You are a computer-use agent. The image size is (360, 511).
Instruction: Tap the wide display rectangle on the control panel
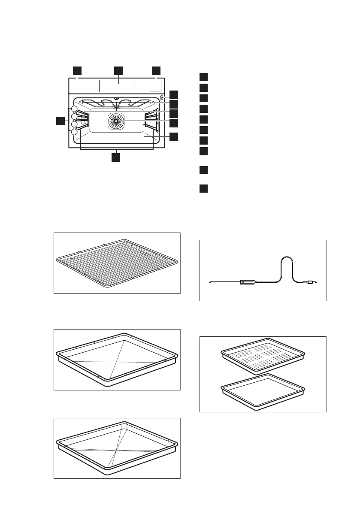tap(116, 86)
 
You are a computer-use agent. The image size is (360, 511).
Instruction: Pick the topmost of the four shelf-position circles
tap(75, 109)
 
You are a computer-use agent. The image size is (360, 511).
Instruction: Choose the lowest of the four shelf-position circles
tap(75, 132)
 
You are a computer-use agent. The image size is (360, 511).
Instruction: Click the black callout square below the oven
tap(116, 157)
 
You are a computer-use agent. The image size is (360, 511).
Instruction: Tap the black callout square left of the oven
tap(60, 121)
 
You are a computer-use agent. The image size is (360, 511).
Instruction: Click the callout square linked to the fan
tap(173, 123)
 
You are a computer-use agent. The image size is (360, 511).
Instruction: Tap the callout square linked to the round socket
tap(173, 94)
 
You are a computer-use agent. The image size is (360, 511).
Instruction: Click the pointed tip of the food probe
tap(210, 282)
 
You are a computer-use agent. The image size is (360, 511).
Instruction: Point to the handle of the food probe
tap(248, 282)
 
